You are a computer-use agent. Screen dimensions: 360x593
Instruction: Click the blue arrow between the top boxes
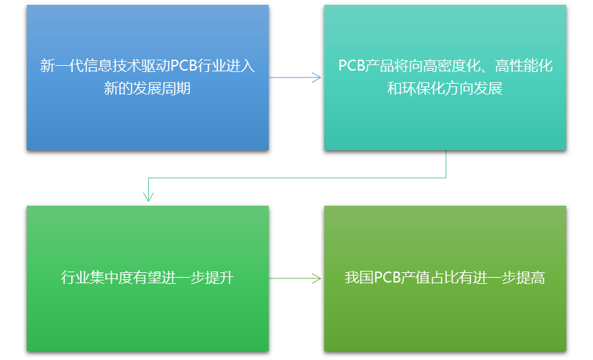click(x=295, y=77)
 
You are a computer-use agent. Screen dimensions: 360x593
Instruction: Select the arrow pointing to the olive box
click(x=295, y=278)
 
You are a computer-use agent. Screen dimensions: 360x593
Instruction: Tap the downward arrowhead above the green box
click(x=148, y=196)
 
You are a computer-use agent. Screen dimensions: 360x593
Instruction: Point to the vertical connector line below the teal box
click(x=446, y=164)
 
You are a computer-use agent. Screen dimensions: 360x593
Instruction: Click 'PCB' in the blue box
click(x=184, y=66)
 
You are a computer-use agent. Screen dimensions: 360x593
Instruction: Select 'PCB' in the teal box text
click(x=352, y=66)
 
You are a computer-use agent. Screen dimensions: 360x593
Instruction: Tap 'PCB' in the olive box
click(x=387, y=278)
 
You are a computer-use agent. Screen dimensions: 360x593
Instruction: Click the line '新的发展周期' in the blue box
click(x=147, y=89)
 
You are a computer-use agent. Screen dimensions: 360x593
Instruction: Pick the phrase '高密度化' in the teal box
click(x=451, y=66)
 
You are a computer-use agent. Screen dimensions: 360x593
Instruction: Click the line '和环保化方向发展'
click(x=445, y=89)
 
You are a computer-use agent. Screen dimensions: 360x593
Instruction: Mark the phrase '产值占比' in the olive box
click(x=434, y=278)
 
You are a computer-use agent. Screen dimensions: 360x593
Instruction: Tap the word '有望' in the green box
click(x=149, y=278)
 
